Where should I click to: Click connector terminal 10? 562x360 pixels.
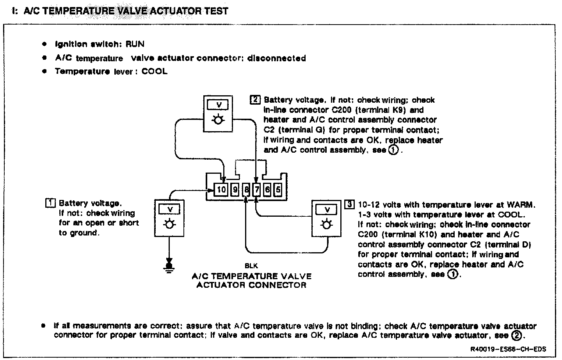221,190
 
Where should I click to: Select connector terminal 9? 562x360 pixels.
235,190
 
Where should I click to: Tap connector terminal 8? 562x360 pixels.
246,190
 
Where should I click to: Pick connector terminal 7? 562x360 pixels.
256,190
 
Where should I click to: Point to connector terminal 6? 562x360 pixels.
267,190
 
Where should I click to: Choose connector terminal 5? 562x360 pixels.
277,190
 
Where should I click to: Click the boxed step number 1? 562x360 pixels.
50,203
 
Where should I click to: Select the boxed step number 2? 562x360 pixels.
255,100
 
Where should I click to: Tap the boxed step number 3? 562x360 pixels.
350,205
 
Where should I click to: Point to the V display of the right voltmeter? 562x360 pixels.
327,210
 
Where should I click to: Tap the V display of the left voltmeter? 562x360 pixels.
169,210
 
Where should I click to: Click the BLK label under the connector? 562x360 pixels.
251,266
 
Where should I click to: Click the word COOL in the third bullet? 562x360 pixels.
155,71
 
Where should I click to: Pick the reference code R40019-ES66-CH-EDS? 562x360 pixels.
508,349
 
